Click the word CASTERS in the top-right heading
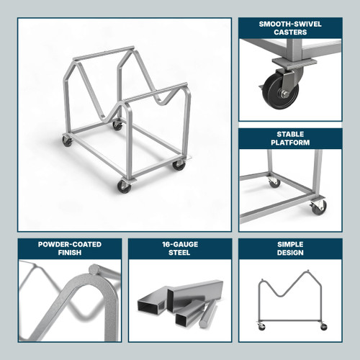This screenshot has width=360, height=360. point(290,32)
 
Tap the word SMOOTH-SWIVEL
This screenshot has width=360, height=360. point(290,23)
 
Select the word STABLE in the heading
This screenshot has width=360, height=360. point(290,134)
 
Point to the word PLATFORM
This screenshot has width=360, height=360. point(290,143)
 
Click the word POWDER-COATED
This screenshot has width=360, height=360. point(69,244)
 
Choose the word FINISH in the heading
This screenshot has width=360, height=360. point(69,253)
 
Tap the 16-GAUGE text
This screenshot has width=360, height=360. point(180,244)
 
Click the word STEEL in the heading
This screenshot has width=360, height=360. point(180,253)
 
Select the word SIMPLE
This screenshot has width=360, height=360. point(290,244)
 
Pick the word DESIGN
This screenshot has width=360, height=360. point(290,253)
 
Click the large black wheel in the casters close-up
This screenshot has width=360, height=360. point(276,92)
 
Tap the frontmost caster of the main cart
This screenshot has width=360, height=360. point(124,186)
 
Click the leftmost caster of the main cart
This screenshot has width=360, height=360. point(67,141)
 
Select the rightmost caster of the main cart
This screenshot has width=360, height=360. point(179,165)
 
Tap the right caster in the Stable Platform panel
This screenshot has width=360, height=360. point(318,207)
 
